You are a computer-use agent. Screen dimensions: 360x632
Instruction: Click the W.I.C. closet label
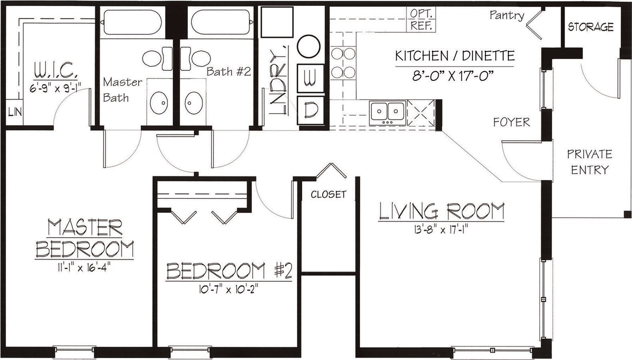tap(56, 72)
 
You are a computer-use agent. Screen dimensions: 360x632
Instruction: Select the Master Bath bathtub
tap(133, 22)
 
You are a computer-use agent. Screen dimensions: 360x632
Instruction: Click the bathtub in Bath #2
tap(221, 22)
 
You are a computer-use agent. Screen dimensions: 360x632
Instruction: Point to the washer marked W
tap(310, 78)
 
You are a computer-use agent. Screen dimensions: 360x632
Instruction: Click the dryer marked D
tap(310, 110)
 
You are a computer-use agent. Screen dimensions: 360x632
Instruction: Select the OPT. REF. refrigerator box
tap(421, 19)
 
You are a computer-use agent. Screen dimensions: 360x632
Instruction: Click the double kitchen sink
tap(387, 111)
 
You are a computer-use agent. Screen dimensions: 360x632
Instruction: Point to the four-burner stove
tap(343, 63)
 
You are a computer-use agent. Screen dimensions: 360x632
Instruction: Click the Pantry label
tap(506, 16)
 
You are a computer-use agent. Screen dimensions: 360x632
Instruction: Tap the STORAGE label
tap(590, 27)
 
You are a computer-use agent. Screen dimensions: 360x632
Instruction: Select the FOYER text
tap(511, 122)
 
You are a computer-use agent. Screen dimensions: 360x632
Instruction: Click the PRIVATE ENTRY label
tap(589, 162)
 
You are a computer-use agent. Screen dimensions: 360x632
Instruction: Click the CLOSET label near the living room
tap(328, 194)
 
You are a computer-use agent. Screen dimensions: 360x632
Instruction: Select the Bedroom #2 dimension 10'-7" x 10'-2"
tap(228, 289)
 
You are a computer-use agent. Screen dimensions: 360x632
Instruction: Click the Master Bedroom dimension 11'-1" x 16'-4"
tap(84, 267)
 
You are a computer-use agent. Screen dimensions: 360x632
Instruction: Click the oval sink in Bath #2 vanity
tap(193, 103)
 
